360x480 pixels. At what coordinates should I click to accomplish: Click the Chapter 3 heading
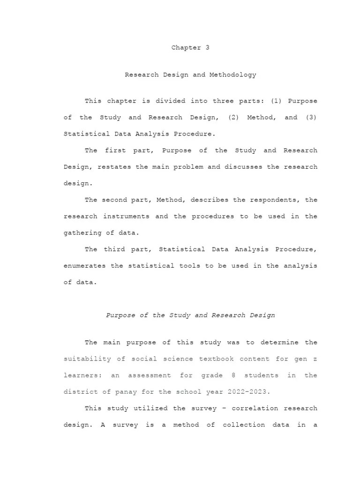(190, 48)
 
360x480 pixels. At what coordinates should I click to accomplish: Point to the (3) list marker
(311, 117)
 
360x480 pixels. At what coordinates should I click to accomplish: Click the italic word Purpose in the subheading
(121, 315)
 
